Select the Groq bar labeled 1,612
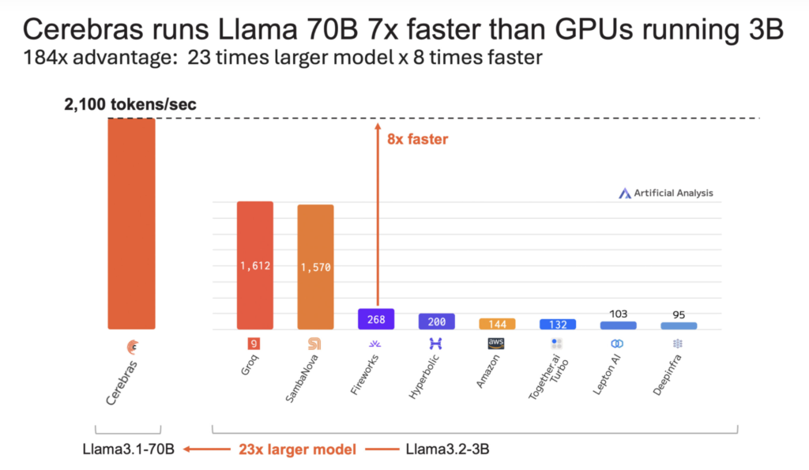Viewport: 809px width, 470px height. (x=255, y=265)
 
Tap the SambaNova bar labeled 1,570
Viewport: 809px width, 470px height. (x=315, y=267)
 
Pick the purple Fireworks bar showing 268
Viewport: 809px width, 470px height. (x=375, y=319)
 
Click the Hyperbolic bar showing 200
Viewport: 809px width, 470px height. (x=436, y=321)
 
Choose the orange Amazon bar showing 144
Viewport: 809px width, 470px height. (x=497, y=324)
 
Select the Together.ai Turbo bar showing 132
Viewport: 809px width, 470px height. (x=558, y=325)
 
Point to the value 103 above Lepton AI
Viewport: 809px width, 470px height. (x=618, y=314)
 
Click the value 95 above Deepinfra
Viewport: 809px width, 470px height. (x=679, y=314)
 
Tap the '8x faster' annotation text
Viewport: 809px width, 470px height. (x=417, y=140)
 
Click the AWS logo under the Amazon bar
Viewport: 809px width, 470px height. (x=497, y=344)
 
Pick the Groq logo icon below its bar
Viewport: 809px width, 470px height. (x=254, y=344)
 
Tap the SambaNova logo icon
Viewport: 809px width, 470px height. (x=314, y=344)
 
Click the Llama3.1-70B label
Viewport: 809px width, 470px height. (x=126, y=449)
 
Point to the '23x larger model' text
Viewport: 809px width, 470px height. (x=297, y=449)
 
